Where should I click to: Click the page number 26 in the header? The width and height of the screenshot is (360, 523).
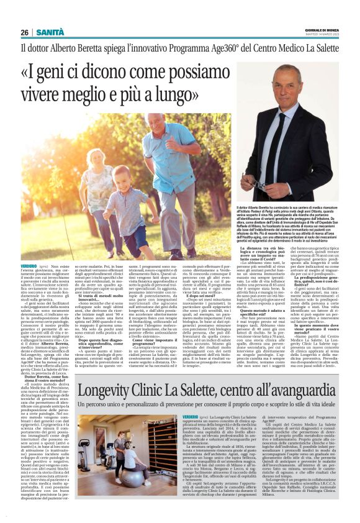point(25,32)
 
